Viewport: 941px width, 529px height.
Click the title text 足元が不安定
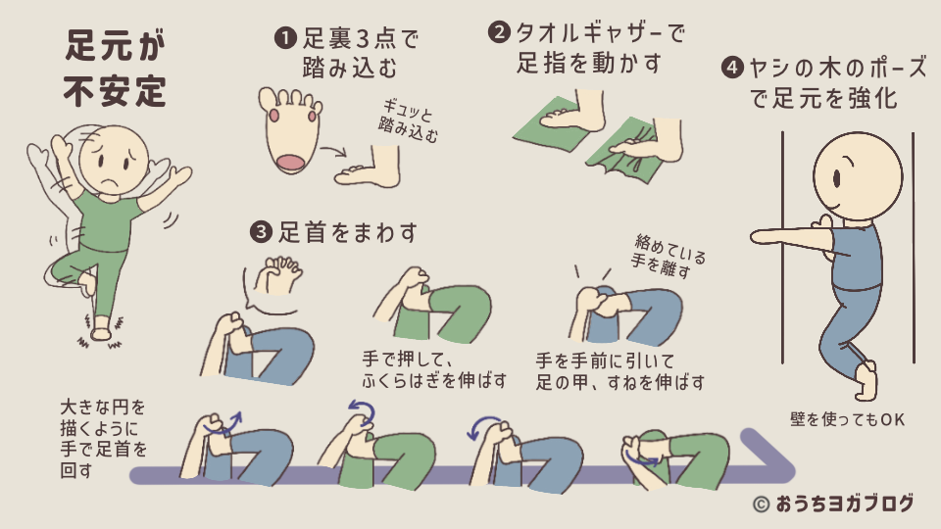click(x=116, y=70)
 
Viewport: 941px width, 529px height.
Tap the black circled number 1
click(x=284, y=38)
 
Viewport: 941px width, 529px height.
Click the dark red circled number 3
click(x=261, y=232)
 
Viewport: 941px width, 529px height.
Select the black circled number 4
click(x=730, y=68)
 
